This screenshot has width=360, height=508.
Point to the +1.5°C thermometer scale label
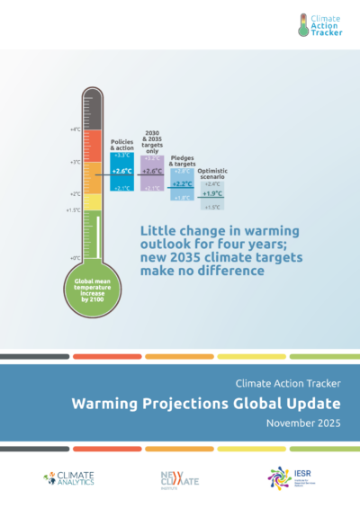[74, 210]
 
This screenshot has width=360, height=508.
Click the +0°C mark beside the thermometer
[75, 258]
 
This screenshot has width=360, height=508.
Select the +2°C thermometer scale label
[75, 194]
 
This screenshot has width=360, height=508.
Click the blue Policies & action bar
[121, 171]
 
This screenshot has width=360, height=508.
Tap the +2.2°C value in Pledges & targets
[182, 183]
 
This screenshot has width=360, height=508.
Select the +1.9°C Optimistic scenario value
[212, 193]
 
